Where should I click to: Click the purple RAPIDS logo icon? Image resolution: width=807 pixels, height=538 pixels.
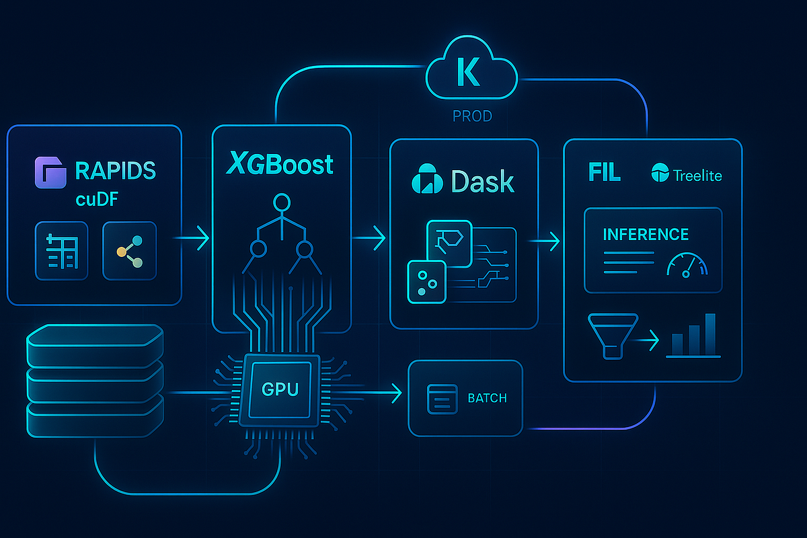point(50,171)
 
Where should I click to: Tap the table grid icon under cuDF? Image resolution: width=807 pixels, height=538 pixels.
point(61,251)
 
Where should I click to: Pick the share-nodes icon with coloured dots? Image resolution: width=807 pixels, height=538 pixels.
point(129,251)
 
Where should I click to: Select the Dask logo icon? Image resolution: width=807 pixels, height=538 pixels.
point(426,181)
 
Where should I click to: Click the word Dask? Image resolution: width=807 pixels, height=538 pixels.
point(483,181)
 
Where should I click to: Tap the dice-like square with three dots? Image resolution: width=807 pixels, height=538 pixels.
point(426,281)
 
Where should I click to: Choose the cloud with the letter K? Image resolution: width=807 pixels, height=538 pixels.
point(471,74)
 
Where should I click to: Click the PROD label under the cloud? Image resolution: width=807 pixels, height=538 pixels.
point(471,116)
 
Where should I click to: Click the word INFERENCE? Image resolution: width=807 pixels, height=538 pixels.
point(646,234)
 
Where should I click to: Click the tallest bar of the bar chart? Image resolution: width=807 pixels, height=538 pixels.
point(710,334)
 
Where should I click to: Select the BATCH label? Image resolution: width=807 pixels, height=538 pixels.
point(487,397)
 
